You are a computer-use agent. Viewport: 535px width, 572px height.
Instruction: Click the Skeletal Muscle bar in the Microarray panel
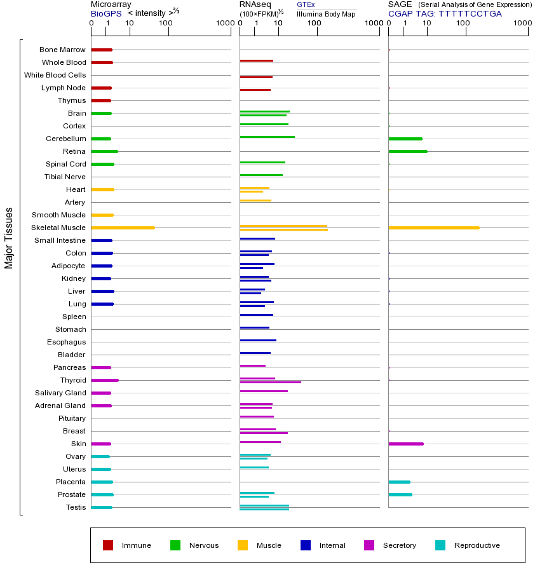123,228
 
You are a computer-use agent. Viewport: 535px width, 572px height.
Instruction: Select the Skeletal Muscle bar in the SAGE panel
433,228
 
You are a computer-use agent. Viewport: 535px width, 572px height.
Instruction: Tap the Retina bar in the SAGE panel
407,151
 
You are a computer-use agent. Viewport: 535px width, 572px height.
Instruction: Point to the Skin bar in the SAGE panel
405,444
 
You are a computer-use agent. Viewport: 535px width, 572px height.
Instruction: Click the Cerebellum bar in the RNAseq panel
267,137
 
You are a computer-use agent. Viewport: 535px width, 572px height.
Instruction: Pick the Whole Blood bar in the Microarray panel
102,62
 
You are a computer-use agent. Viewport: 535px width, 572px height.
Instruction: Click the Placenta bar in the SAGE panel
399,482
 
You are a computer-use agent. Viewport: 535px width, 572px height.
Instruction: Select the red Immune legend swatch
108,545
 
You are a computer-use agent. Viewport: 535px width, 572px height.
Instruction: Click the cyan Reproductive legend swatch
440,545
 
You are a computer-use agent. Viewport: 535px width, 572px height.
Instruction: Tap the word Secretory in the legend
399,545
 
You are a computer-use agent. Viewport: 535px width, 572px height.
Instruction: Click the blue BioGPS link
105,13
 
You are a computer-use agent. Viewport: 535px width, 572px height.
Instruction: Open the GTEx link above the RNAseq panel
306,5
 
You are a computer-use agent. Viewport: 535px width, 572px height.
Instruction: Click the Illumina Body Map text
326,13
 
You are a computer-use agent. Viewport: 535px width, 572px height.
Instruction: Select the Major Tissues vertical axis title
9,238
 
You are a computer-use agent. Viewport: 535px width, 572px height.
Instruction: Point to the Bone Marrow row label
62,50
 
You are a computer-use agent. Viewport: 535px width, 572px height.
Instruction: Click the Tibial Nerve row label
65,177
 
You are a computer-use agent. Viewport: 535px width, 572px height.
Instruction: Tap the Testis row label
76,507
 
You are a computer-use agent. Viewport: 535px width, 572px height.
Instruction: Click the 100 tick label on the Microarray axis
166,24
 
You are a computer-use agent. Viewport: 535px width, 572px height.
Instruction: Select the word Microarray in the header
111,4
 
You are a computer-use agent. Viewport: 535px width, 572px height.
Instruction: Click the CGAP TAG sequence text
445,13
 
